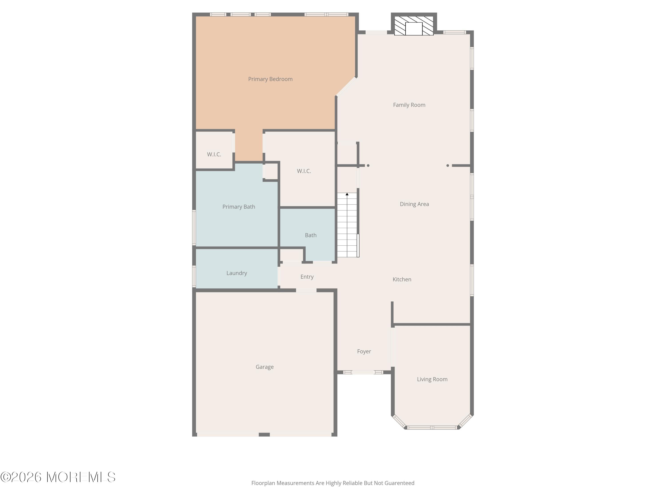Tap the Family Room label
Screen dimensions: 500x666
pos(409,105)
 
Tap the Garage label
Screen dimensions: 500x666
pos(264,367)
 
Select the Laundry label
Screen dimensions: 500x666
pos(237,273)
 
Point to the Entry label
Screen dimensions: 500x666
pos(307,277)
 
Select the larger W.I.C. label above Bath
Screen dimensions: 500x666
pos(304,171)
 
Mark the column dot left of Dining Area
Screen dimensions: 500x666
pos(368,166)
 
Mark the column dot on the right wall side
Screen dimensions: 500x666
pos(448,166)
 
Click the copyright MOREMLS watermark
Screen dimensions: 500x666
pos(58,477)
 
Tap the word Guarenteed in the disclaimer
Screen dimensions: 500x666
pos(399,483)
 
